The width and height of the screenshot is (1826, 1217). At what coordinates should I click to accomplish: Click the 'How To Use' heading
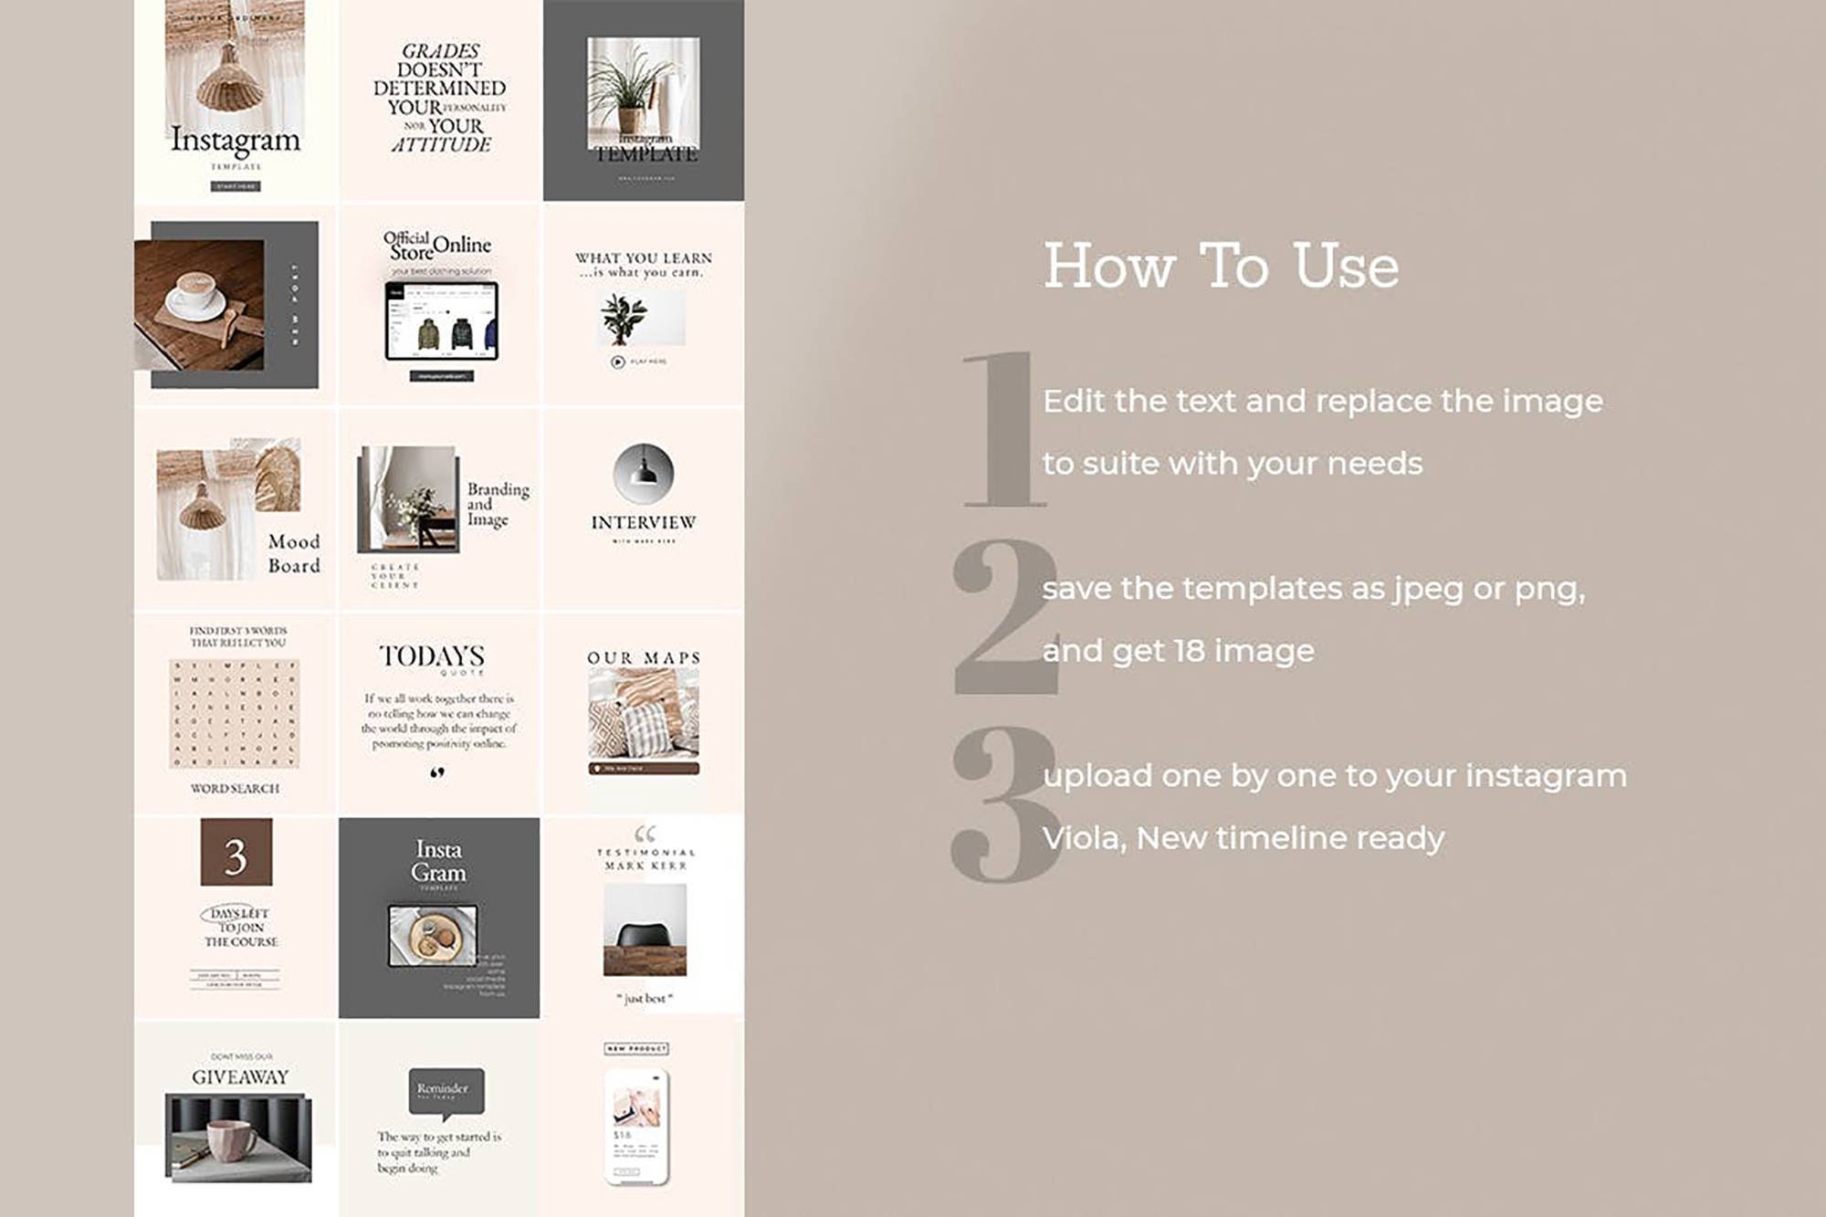1220,267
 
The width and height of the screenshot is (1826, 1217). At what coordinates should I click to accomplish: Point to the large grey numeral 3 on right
1004,803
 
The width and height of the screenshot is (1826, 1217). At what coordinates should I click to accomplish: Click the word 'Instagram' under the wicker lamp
235,141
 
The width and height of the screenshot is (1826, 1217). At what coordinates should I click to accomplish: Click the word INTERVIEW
643,522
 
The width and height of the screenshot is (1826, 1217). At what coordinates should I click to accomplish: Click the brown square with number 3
236,853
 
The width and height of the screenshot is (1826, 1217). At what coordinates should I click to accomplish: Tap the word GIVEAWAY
239,1077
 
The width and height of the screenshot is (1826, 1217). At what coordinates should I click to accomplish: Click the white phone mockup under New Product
636,1127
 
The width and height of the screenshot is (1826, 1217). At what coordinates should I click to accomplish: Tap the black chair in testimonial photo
645,936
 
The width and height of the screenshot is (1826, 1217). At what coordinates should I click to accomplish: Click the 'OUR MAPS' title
643,658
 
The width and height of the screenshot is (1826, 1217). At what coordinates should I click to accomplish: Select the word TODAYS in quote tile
432,656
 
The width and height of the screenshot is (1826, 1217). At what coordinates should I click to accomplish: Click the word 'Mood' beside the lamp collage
293,541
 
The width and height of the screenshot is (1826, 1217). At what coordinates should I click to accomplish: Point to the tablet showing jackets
441,321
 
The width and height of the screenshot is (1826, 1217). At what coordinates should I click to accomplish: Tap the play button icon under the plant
617,362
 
